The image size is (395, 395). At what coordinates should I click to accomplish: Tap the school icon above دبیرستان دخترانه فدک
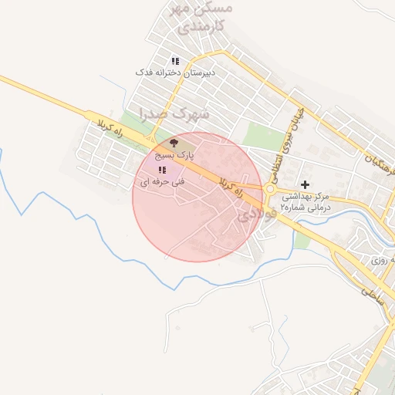[x=175, y=60]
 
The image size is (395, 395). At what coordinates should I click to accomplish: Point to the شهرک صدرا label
[x=175, y=113]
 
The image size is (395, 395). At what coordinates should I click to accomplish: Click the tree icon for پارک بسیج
[x=173, y=143]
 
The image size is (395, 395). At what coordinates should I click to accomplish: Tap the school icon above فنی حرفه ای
[x=162, y=170]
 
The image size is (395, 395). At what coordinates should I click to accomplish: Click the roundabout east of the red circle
[x=271, y=189]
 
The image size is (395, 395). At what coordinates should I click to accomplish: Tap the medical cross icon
[x=306, y=184]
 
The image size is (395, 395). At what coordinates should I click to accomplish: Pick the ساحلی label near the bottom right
[x=372, y=293]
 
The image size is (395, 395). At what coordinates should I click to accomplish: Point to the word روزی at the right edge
[x=380, y=261]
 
